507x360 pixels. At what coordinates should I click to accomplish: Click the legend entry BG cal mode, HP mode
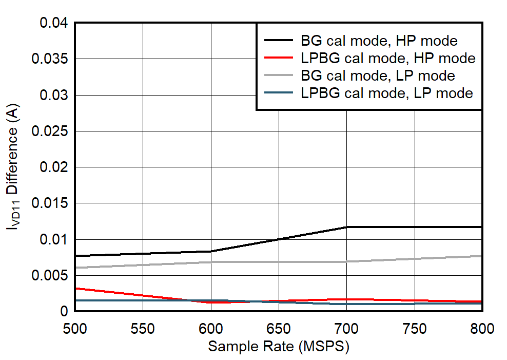tap(379, 41)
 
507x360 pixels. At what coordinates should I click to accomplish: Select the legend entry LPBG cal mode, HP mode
tap(388, 58)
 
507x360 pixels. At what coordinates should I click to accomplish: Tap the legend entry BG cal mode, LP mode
tap(378, 75)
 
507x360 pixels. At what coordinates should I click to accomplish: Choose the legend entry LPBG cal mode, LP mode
tap(386, 93)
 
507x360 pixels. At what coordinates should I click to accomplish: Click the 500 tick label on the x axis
tap(75, 328)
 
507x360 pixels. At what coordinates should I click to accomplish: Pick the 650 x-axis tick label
tap(279, 328)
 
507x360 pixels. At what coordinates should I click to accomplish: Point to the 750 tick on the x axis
tap(415, 328)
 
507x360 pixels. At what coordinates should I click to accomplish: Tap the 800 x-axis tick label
tap(482, 328)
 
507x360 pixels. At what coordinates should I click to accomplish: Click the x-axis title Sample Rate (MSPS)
tap(279, 347)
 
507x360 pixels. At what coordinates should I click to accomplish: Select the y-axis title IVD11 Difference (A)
tap(14, 167)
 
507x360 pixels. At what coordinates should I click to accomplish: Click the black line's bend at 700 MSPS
tap(347, 227)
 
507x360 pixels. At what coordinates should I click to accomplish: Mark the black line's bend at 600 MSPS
tap(211, 251)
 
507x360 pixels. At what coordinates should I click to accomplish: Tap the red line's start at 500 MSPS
tap(75, 288)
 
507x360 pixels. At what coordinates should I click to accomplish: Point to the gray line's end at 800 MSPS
tap(482, 256)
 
